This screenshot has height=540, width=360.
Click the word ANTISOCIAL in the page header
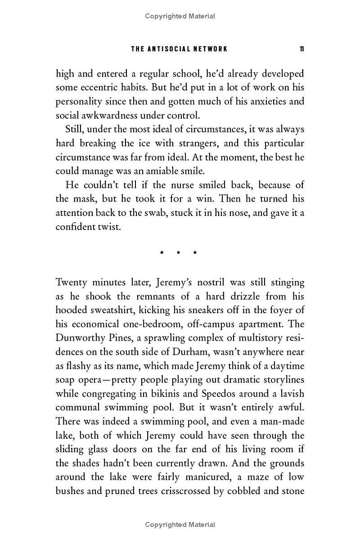tap(171, 49)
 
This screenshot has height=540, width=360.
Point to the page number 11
tap(301, 49)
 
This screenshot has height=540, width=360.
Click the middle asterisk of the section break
tap(178, 253)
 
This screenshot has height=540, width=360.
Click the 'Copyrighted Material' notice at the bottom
tap(180, 524)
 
